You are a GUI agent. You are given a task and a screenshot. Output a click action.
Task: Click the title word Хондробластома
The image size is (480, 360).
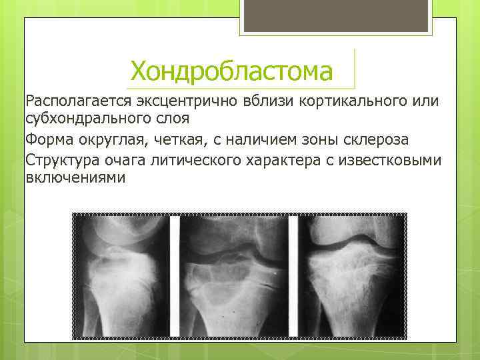pyautogui.click(x=231, y=71)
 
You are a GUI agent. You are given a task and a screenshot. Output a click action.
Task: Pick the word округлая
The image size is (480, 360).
pyautogui.click(x=116, y=140)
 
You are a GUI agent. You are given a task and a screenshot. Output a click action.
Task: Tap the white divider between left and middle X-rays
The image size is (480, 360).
pyautogui.click(x=175, y=274)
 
